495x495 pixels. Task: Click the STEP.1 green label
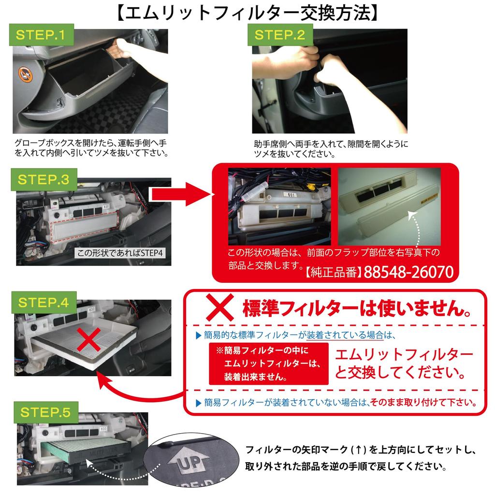point(42,35)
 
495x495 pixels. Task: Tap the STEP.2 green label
point(280,35)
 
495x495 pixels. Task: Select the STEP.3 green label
point(44,180)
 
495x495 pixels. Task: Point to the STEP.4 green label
point(44,303)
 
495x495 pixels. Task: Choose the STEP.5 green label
point(45,412)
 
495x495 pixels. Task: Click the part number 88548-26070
point(408,272)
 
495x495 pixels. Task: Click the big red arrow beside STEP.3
point(181,194)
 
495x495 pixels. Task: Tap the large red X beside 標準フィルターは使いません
point(220,307)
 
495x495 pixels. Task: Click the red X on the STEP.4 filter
point(89,340)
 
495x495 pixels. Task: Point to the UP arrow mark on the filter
point(189,461)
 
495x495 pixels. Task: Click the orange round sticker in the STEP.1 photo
point(25,75)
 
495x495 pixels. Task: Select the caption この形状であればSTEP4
point(120,253)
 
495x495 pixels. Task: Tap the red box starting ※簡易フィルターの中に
point(269,364)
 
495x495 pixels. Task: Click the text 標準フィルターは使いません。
point(357,308)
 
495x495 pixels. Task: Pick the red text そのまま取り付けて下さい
point(423,402)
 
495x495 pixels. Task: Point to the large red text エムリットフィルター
point(404,355)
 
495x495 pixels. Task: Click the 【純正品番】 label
point(334,272)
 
